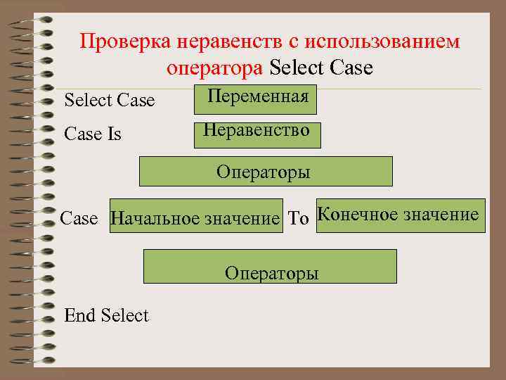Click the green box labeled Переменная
[255, 99]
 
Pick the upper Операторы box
[266, 171]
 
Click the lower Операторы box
[271, 266]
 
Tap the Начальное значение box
[196, 217]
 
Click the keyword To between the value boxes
[299, 219]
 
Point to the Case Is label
[93, 134]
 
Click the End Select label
[106, 315]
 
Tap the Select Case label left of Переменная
[110, 101]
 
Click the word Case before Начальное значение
[79, 218]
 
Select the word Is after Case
[115, 134]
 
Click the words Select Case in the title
[321, 68]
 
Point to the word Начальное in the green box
[155, 219]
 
